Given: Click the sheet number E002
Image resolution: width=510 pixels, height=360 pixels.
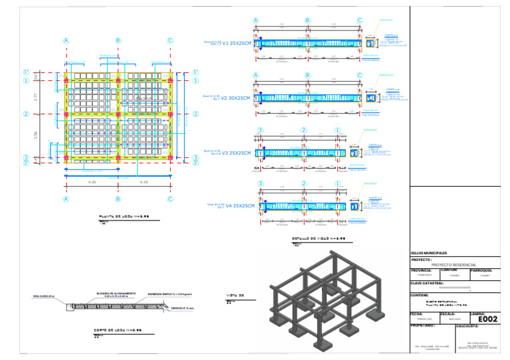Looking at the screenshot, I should tap(488, 319).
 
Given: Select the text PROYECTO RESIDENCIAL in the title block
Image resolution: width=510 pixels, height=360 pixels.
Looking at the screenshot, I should tap(454, 264).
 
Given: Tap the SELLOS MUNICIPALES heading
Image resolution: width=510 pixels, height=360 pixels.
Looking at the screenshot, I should tap(428, 253).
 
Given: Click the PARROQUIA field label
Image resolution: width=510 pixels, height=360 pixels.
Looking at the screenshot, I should tap(481, 271).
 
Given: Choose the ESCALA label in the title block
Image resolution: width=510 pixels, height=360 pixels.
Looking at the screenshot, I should tap(447, 313).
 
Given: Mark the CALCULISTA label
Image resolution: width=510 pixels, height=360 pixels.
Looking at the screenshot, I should tap(467, 327).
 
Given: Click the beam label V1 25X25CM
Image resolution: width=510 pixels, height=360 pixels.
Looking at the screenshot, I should tap(236, 43).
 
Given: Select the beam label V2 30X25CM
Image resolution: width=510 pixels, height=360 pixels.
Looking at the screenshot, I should tap(236, 98).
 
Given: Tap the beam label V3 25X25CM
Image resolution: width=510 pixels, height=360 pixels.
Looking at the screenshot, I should tap(236, 153).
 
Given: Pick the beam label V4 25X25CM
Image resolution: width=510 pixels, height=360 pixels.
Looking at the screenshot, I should tap(238, 206).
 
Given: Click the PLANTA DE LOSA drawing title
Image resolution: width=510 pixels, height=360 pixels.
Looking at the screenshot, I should tap(120, 217).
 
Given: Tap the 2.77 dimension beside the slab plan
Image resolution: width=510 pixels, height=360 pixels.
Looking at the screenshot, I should tap(36, 97).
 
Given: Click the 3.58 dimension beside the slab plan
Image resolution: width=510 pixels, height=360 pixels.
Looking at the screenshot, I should tap(36, 135).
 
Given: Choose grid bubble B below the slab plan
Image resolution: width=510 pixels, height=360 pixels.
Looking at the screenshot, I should tap(118, 199).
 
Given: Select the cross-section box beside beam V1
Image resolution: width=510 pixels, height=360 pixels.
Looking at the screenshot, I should tap(372, 43).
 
